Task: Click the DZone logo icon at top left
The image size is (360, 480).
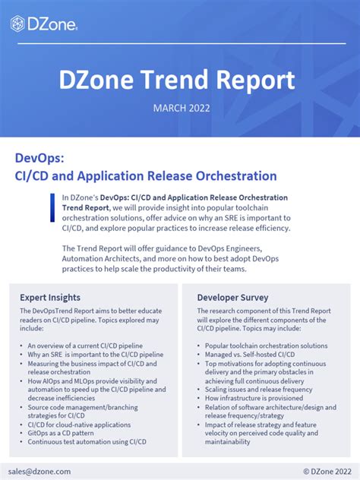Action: coord(17,24)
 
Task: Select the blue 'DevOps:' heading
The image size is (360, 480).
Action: coord(40,157)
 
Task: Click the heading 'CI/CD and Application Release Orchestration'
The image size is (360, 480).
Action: coord(146,176)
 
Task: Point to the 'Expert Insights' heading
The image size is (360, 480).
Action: coord(50,297)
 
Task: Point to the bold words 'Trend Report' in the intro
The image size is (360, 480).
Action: coord(86,207)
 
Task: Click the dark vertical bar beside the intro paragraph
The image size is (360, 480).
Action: coord(55,213)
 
